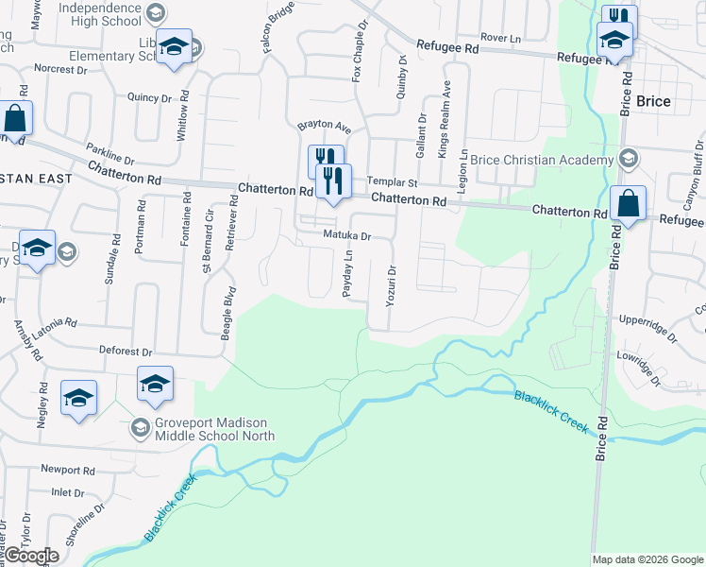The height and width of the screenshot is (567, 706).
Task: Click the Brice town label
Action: point(653,101)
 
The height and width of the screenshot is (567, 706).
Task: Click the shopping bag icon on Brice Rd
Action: point(629,204)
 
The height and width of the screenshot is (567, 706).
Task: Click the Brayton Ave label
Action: point(324,126)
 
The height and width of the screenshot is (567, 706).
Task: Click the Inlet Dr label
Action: point(68,492)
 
